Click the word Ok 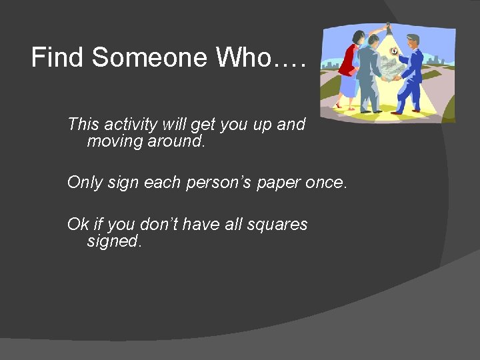click(78, 224)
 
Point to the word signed click(114, 241)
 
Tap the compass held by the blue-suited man click(395, 52)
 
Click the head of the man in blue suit click(414, 40)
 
